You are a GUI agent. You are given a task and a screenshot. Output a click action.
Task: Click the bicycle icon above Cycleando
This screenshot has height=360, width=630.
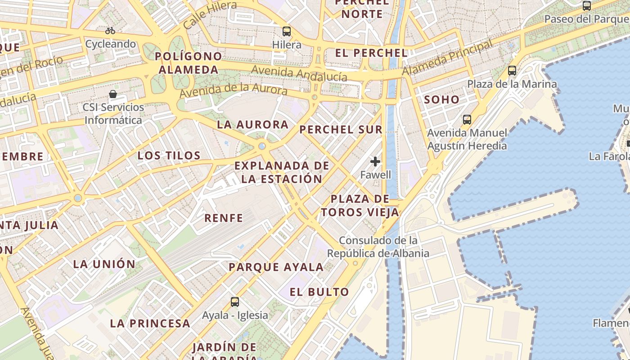click(110, 31)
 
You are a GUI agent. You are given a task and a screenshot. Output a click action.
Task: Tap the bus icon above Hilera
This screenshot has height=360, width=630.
click(287, 31)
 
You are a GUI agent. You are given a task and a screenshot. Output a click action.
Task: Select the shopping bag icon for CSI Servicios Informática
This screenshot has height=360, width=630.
click(113, 94)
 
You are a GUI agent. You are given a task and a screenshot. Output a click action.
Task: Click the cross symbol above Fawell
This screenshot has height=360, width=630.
click(375, 162)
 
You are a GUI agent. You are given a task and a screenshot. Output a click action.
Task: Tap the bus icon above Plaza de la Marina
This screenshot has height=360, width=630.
click(512, 71)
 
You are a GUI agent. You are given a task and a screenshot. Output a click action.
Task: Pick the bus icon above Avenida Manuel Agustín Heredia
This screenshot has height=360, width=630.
click(467, 120)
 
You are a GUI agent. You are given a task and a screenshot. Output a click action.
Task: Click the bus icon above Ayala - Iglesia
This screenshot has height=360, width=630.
click(235, 301)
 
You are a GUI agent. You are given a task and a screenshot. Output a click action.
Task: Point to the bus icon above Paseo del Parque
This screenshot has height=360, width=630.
click(587, 6)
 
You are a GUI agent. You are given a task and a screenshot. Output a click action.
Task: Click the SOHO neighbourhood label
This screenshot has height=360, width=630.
click(442, 100)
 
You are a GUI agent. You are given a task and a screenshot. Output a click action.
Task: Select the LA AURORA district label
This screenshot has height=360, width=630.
click(252, 125)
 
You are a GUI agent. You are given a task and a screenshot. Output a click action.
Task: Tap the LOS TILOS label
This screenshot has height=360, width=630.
click(169, 156)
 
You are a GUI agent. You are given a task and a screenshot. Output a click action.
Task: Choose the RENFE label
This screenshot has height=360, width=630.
click(224, 218)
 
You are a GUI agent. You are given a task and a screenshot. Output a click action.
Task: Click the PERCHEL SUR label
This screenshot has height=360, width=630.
click(341, 130)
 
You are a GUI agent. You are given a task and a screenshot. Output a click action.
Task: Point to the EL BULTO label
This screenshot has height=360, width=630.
click(319, 292)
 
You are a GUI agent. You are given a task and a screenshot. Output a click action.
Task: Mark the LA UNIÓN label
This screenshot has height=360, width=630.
click(104, 264)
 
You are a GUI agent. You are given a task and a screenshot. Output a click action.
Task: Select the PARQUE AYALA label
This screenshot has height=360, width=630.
click(276, 267)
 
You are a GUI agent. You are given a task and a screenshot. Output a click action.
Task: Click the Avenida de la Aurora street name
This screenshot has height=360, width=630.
click(233, 89)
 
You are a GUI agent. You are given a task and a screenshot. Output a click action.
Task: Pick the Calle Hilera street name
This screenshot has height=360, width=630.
click(210, 14)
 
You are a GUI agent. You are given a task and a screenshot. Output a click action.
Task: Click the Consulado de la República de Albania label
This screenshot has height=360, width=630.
click(378, 247)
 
